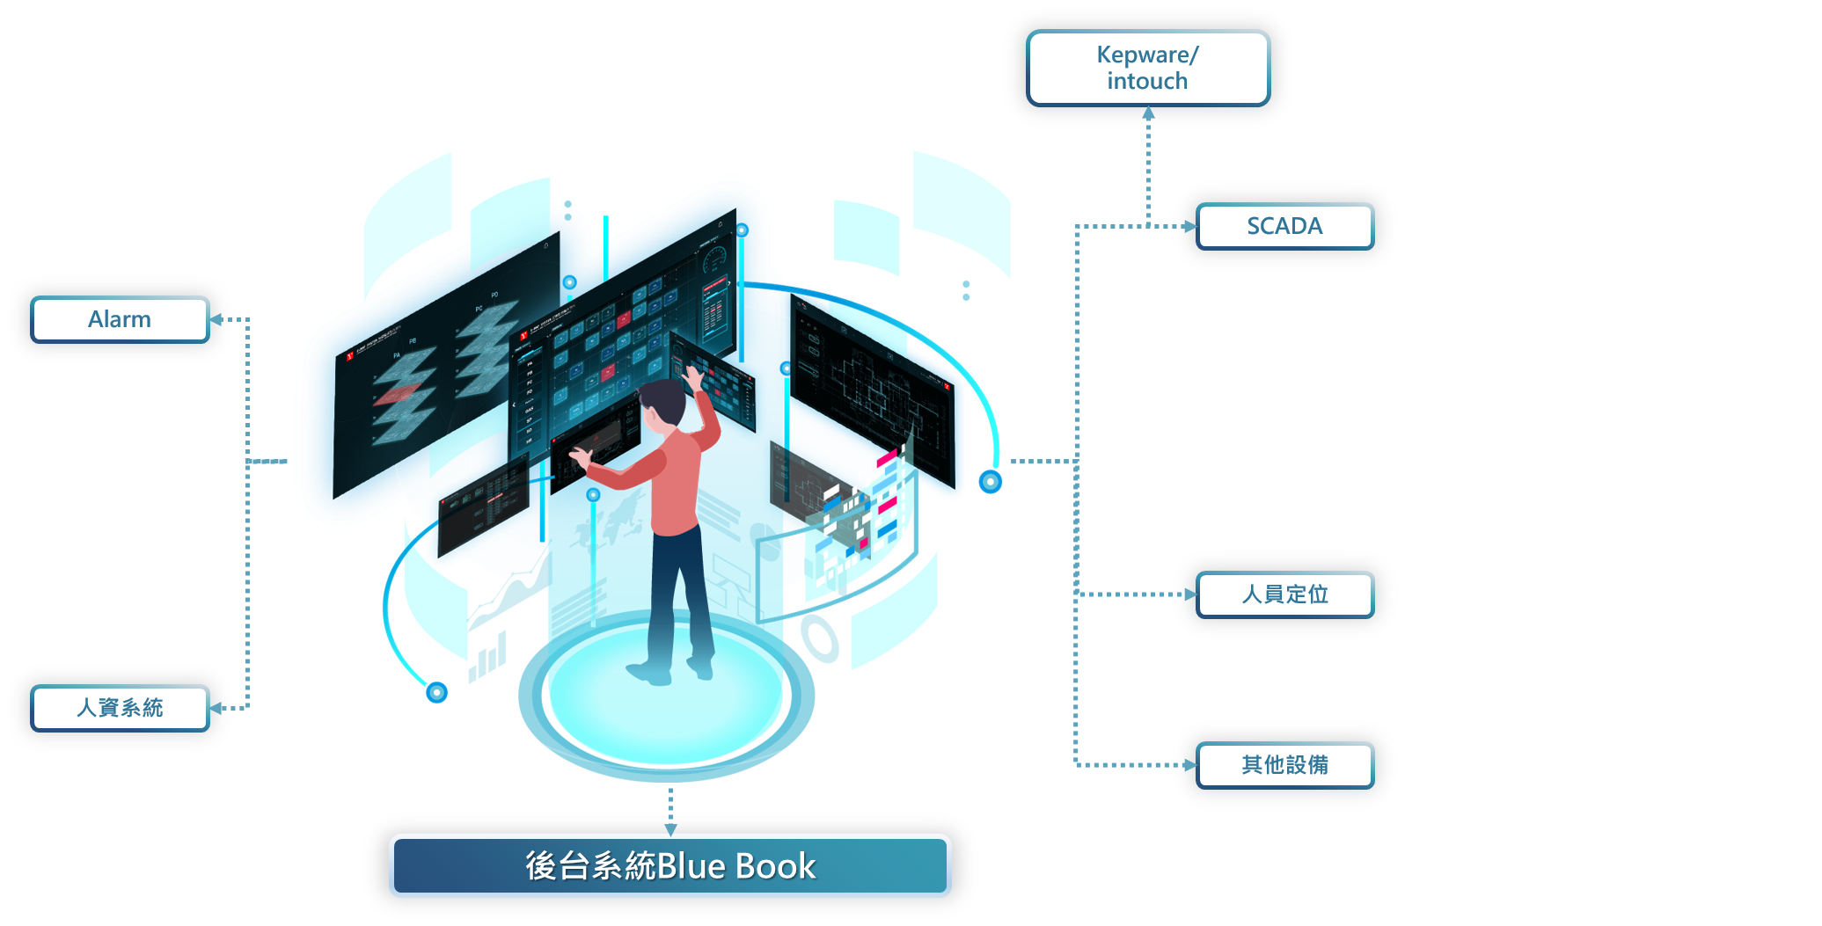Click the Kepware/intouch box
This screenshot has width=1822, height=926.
(1147, 68)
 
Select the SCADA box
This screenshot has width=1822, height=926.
(1284, 226)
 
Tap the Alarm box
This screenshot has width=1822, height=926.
(120, 319)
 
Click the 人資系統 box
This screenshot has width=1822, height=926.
(120, 708)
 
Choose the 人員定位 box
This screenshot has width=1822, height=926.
(1284, 594)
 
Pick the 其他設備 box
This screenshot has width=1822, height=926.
(1284, 765)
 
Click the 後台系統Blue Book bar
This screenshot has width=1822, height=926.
(670, 866)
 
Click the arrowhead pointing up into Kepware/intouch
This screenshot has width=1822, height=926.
(1148, 113)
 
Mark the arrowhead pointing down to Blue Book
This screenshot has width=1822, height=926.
(670, 828)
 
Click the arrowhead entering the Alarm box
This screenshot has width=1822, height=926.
(216, 319)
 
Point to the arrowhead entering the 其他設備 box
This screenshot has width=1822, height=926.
(1189, 765)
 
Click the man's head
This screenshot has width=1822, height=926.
(663, 405)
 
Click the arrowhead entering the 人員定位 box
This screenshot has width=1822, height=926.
(1189, 594)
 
